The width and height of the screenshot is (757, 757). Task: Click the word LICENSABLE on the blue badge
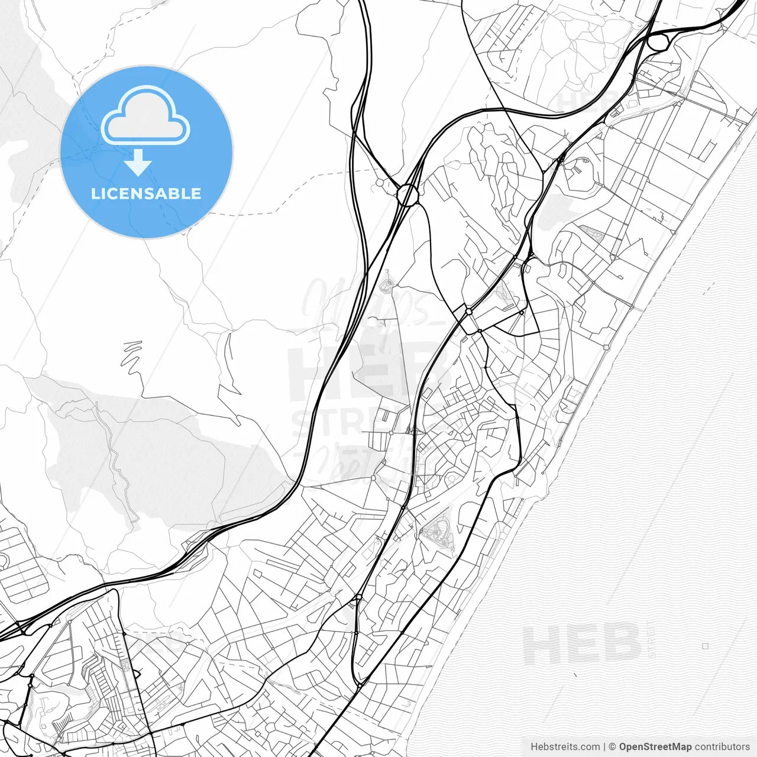tap(146, 193)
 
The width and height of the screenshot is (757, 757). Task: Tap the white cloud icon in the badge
tap(145, 116)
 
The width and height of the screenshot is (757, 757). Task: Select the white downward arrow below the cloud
tap(138, 163)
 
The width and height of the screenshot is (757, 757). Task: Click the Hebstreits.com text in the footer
tap(565, 747)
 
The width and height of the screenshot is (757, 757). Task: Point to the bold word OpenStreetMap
tap(655, 747)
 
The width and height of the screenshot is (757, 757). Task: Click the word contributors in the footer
tap(722, 747)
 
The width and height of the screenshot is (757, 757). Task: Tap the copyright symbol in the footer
tap(613, 747)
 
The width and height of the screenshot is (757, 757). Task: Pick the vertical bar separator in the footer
tap(604, 747)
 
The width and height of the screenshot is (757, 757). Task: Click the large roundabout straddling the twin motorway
tap(407, 195)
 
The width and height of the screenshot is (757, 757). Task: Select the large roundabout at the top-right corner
tap(658, 42)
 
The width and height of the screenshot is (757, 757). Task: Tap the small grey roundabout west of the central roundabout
tap(379, 183)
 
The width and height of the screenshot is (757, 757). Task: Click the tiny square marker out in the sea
tap(705, 646)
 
